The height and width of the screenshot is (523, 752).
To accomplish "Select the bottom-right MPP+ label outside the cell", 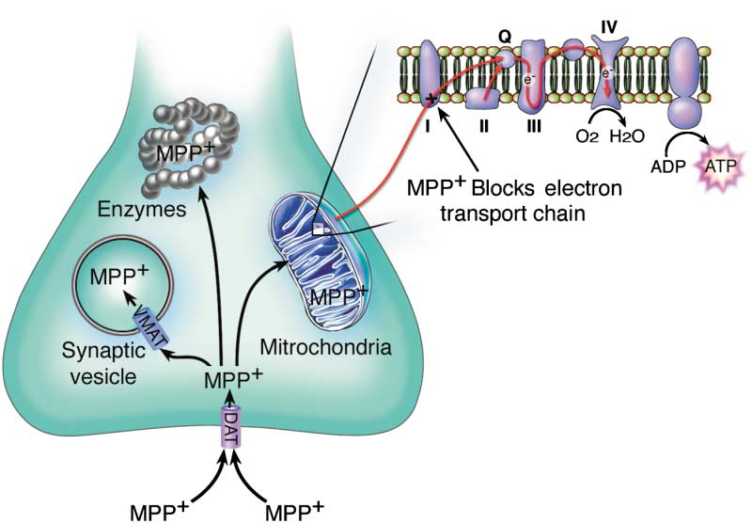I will pos(293,511).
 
